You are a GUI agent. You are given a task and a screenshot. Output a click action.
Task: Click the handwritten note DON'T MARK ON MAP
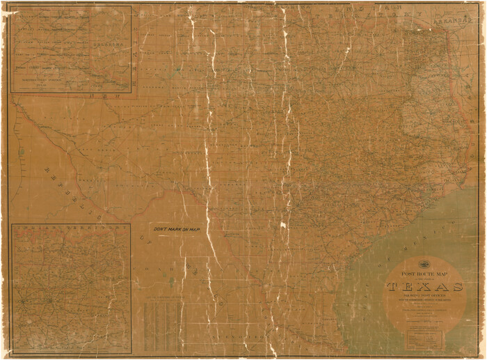177,230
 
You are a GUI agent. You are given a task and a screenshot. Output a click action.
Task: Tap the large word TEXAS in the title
425,286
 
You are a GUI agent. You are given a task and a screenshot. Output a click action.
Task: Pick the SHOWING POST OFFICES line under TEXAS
424,295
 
